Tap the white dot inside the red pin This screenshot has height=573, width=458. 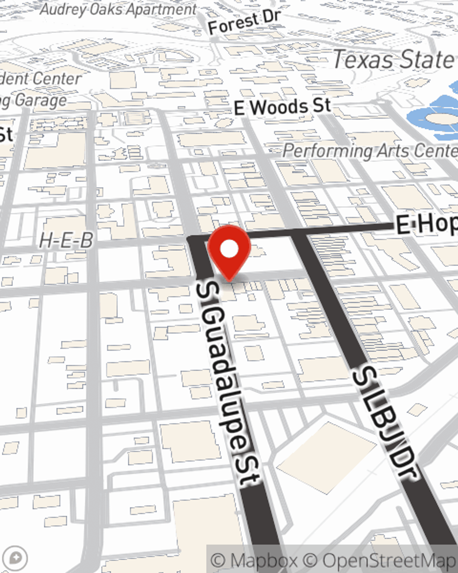229,249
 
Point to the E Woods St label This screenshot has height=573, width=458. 282,107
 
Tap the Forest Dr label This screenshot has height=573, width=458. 244,22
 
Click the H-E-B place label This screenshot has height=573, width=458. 66,240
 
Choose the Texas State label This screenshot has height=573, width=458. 393,60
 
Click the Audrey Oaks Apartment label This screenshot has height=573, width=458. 118,9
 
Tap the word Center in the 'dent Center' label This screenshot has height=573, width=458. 57,78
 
